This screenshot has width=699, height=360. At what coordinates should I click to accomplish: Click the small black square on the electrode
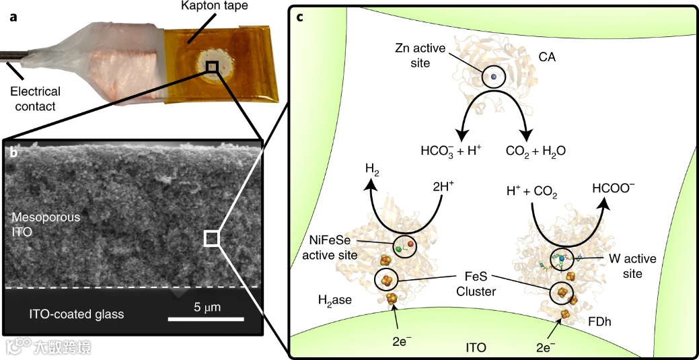212,65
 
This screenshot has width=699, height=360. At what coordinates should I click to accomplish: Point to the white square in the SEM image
211,238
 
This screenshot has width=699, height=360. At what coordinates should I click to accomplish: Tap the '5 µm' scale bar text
207,307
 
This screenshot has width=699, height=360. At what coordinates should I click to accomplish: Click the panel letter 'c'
300,16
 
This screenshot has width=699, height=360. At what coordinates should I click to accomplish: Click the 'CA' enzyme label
547,59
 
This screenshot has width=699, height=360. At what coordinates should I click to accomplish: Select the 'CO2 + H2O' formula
536,151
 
